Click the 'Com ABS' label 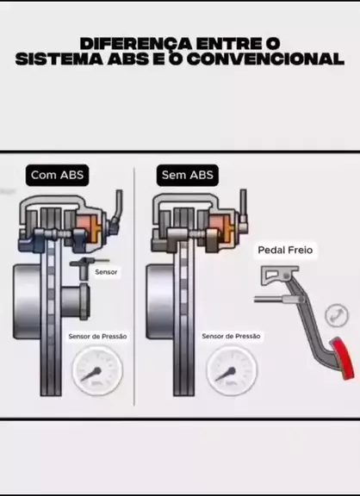(x=57, y=175)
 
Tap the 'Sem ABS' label (x=188, y=175)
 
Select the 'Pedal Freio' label (x=285, y=251)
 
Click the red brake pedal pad (x=342, y=358)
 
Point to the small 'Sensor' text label (x=106, y=272)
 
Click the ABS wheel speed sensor (x=85, y=267)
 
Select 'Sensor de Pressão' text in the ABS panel (x=97, y=336)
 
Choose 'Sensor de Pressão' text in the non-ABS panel (x=231, y=336)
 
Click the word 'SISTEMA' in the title (x=59, y=59)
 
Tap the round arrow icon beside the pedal (x=337, y=315)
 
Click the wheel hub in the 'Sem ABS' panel (x=160, y=301)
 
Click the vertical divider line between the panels (x=134, y=286)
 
